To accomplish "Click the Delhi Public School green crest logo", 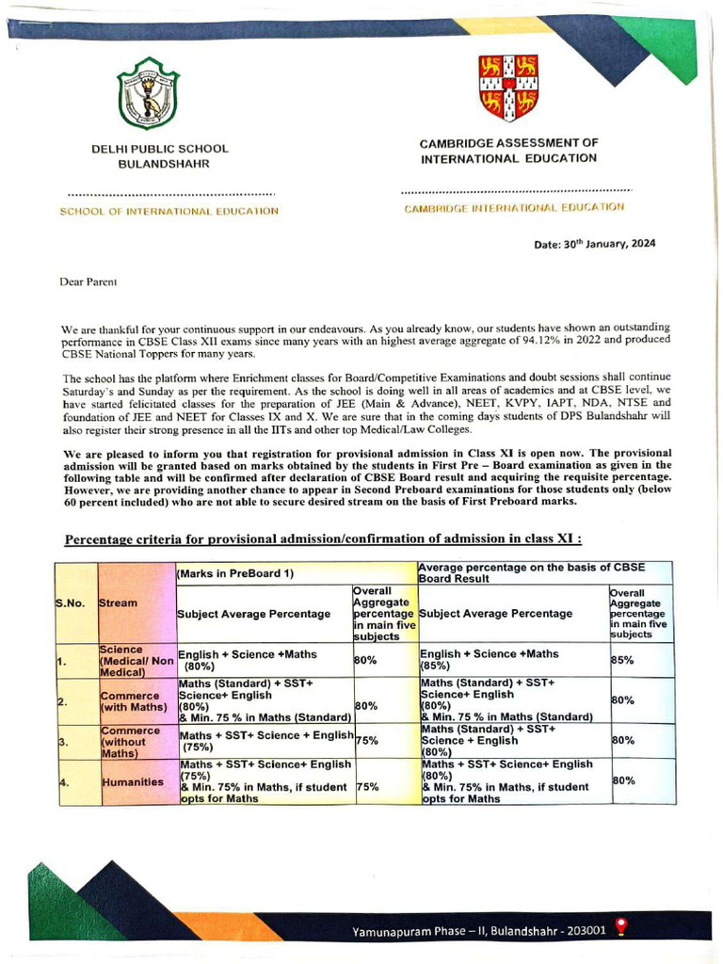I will coord(148,93).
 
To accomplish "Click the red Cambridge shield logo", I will coord(508,88).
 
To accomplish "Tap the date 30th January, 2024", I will coord(595,244).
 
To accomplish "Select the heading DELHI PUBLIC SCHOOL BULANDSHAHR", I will coord(160,156).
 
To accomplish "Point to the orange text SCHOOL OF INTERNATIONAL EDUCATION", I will coord(169,211).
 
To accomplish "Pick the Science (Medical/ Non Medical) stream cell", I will coord(137,661).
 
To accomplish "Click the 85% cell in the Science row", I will coord(623,661).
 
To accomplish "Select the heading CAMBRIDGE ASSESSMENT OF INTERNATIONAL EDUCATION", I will coord(509,151).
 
